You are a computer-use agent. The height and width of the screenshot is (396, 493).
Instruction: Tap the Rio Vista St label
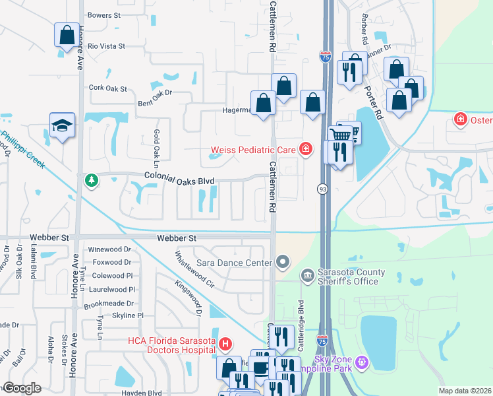[x=106, y=47]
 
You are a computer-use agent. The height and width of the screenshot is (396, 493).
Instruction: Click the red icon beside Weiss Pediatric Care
[x=305, y=150]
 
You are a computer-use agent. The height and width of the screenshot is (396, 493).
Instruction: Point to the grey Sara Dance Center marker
[x=283, y=263]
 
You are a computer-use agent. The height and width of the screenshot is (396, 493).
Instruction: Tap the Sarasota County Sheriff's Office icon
[x=306, y=275]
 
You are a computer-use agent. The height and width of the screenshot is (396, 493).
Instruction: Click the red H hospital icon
[x=225, y=345]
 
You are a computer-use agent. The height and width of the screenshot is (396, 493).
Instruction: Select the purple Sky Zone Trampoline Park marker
[x=361, y=362]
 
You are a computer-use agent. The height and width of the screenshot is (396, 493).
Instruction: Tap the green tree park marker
[x=90, y=180]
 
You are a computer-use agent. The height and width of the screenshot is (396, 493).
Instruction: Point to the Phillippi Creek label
[x=22, y=149]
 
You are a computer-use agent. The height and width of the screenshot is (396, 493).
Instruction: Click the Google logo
[x=22, y=387]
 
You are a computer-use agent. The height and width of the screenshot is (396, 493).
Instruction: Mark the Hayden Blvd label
[x=142, y=392]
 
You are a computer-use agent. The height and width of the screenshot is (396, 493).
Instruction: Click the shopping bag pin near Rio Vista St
[x=66, y=36]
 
